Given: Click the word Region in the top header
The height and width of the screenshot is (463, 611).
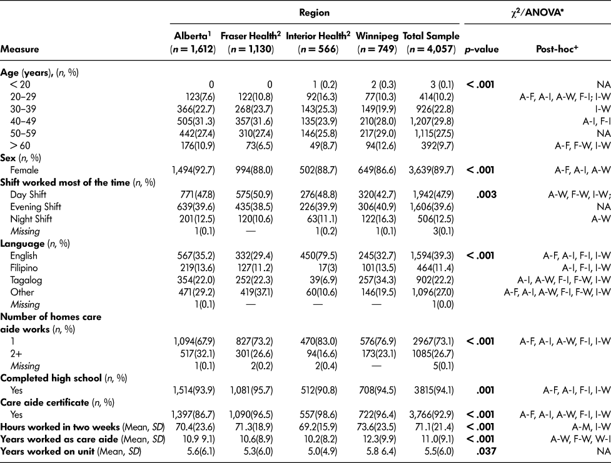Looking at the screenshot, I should coord(316,12).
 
